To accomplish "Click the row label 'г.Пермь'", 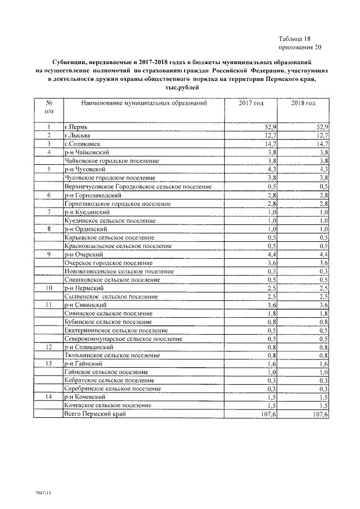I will [x=76, y=127].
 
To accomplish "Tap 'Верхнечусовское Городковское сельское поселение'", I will [x=138, y=186].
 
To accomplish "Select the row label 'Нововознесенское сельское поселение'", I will [x=119, y=271].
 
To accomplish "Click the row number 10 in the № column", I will [x=49, y=288].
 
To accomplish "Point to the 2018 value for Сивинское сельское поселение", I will [x=323, y=313].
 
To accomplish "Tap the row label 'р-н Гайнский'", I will [x=83, y=364].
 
